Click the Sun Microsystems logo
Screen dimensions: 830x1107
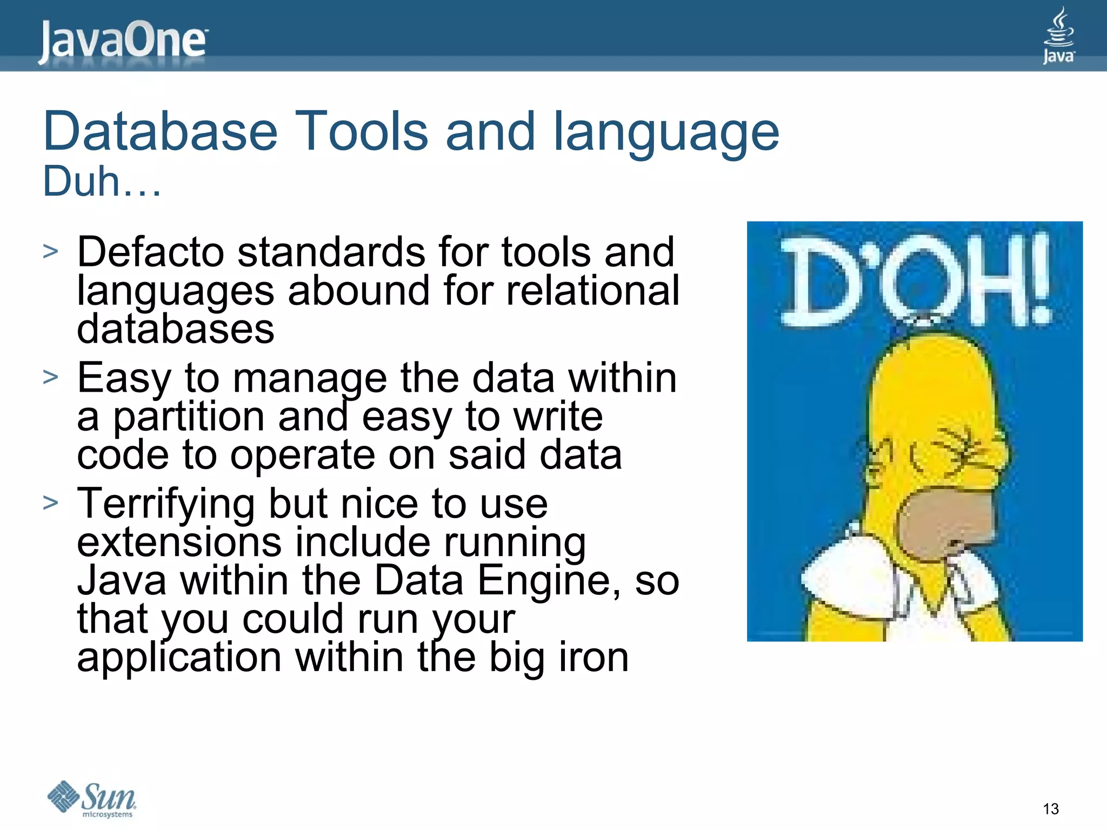tap(92, 799)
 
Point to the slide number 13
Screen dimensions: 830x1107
tap(1050, 809)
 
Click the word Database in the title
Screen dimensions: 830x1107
tap(160, 131)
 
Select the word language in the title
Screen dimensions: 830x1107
tap(666, 132)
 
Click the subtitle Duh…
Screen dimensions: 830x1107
tap(102, 182)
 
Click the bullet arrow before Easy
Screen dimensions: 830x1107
tap(50, 377)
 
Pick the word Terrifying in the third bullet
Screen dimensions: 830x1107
tap(165, 504)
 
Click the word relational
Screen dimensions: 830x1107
tap(592, 291)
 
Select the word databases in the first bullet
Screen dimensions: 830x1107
tap(175, 329)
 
